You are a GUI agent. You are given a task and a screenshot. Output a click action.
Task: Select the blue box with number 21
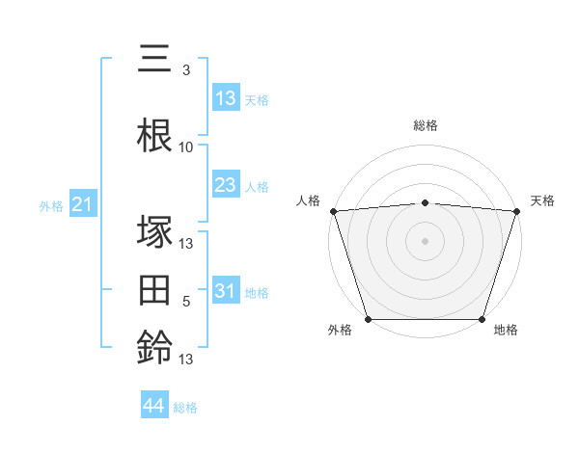coord(82,204)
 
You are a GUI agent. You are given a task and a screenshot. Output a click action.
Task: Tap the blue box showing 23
coord(225,185)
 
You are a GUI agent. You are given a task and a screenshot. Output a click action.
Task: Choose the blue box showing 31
coord(225,291)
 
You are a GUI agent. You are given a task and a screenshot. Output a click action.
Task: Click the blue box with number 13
coord(225,98)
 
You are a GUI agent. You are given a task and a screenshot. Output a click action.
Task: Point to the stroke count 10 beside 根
coord(186,147)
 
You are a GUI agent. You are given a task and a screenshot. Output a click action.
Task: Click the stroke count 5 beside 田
coord(186,302)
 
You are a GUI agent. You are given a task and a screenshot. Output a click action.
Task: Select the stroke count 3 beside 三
coord(186,70)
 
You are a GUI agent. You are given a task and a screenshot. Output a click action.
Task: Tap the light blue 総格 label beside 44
coord(186,408)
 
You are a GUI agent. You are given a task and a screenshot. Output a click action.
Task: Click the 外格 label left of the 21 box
coord(50,205)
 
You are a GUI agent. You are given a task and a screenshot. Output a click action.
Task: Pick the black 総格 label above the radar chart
coord(426,125)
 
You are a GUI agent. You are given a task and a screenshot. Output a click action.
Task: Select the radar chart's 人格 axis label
coord(308,200)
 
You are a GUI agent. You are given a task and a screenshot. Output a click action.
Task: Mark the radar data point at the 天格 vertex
coord(516,211)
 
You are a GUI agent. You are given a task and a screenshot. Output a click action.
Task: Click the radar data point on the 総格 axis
coord(426,202)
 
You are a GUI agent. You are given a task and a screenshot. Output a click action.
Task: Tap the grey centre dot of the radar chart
coord(426,240)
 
